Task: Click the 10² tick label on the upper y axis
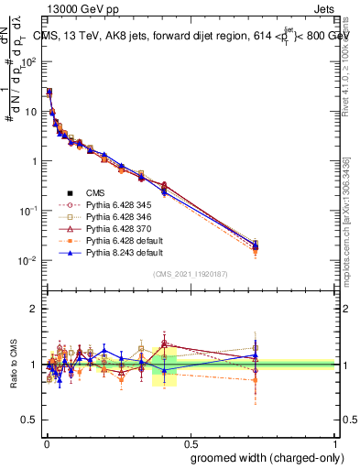pos(28,62)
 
